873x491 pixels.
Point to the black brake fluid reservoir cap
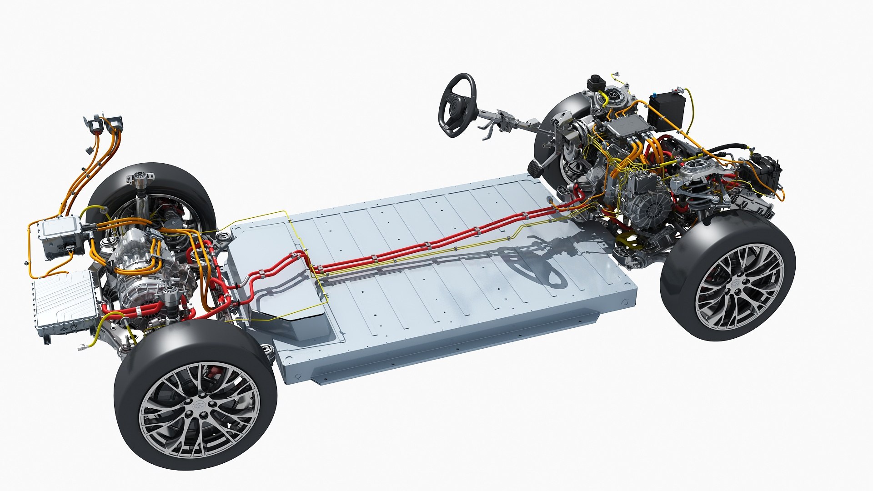point(593,83)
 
